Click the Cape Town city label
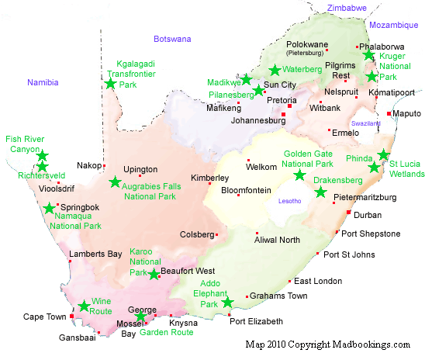tap(43, 317)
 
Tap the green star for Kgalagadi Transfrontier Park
tap(110, 83)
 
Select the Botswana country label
tap(171, 38)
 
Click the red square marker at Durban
tap(348, 212)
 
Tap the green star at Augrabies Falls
tap(115, 182)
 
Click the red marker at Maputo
tap(389, 114)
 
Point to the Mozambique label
tap(393, 25)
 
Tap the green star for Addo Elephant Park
tap(227, 302)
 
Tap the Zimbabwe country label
tap(347, 8)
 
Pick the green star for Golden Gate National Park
tap(299, 175)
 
